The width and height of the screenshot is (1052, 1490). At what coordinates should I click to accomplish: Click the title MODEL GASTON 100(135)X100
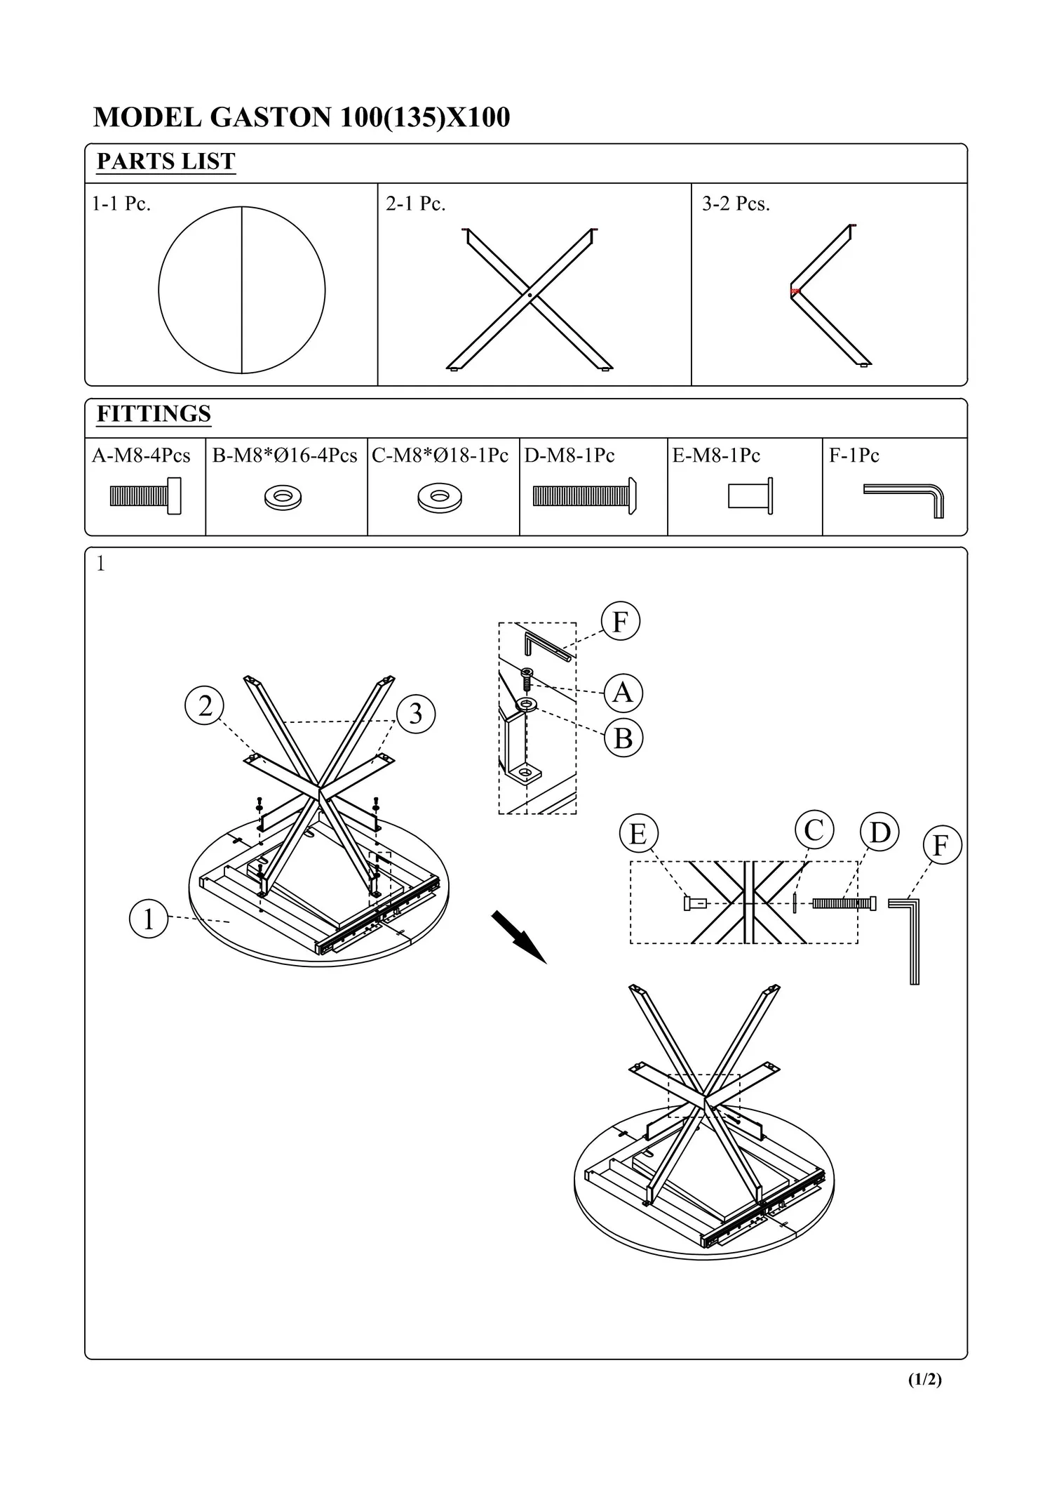pos(302,117)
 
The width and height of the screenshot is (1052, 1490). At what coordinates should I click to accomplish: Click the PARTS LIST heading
pos(166,161)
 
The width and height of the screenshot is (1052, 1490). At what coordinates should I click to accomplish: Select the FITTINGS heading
pos(154,414)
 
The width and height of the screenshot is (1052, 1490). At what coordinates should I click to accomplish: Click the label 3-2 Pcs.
pos(736,204)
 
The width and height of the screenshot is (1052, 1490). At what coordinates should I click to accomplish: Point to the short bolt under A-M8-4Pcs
pos(145,496)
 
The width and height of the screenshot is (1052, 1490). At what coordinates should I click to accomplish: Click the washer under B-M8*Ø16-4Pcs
pos(283,498)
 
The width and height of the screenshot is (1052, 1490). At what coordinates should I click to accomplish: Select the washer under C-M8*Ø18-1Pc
pos(440,498)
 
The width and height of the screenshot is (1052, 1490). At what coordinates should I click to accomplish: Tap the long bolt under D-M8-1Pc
pos(584,496)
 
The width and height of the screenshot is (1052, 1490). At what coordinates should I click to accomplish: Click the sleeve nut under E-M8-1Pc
pos(750,496)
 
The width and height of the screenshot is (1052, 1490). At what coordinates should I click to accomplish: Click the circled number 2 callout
pos(205,706)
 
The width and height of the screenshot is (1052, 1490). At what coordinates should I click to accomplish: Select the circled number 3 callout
pos(416,714)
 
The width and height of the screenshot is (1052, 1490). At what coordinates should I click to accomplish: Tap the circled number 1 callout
pos(149,919)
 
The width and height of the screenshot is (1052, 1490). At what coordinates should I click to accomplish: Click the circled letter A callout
pos(623,693)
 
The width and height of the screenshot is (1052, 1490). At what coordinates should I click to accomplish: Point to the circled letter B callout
pos(623,738)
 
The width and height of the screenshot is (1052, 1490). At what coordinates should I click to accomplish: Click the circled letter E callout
pos(638,834)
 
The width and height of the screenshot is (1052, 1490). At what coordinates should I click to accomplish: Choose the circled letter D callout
pos(879,833)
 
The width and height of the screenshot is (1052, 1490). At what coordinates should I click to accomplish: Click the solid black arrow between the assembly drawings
pos(518,937)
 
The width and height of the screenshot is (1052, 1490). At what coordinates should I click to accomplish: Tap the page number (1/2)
pos(924,1380)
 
